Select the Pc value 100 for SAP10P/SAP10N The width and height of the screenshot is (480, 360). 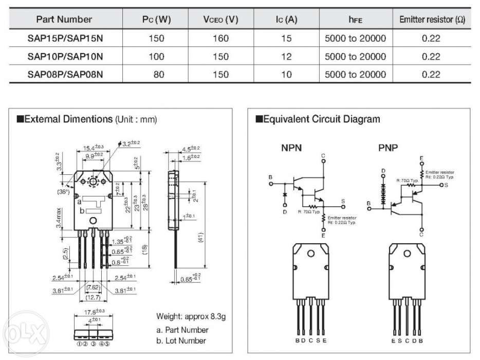(156, 57)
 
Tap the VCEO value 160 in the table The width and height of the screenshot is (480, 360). (220, 39)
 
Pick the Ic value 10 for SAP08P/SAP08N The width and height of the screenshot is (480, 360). (286, 75)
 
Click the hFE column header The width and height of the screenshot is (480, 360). (355, 20)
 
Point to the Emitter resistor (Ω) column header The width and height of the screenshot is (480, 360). (432, 20)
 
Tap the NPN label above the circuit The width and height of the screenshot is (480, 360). (291, 148)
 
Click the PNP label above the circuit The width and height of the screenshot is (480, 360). (389, 148)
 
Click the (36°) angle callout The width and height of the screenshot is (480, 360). (65, 192)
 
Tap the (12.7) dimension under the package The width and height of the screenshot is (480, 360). (93, 297)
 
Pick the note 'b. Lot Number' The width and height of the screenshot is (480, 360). (181, 340)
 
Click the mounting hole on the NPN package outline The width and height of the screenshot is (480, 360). (311, 256)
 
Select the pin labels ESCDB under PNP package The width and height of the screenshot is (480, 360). (407, 340)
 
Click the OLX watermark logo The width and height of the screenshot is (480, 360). (21, 329)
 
